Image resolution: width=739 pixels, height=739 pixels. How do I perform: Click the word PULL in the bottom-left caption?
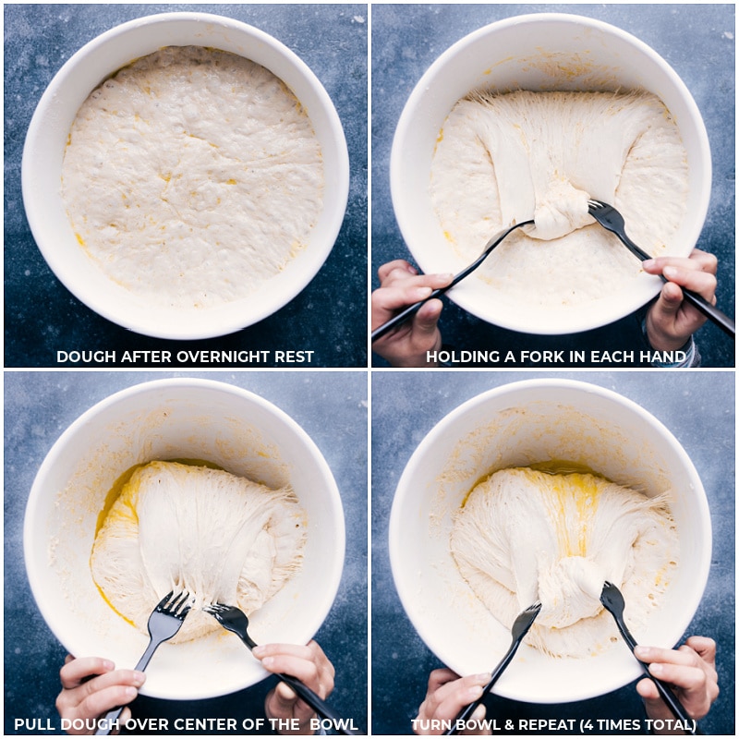(33, 724)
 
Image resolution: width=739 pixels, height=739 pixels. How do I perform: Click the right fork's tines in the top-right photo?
(606, 218)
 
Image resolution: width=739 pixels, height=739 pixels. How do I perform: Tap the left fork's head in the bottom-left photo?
(168, 615)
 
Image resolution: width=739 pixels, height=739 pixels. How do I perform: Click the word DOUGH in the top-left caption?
(82, 357)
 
